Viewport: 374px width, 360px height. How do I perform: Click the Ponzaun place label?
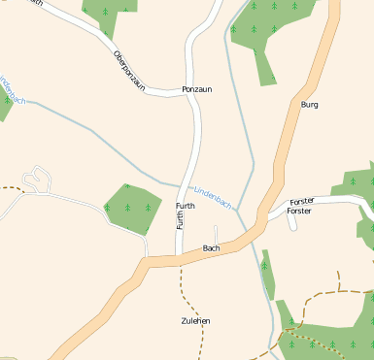point(196,89)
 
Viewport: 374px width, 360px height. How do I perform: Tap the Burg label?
point(310,104)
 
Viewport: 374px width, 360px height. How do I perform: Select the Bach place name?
point(211,248)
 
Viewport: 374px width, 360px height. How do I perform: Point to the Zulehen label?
point(195,320)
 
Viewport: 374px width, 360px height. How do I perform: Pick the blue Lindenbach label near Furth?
point(213,197)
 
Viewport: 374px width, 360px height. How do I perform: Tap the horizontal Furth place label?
point(186,207)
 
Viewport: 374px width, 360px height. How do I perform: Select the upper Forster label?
point(303,201)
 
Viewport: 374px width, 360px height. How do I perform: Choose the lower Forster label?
point(299,211)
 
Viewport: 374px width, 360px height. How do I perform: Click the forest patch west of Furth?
point(131,206)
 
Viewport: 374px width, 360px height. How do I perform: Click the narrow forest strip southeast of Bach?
point(267,273)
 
